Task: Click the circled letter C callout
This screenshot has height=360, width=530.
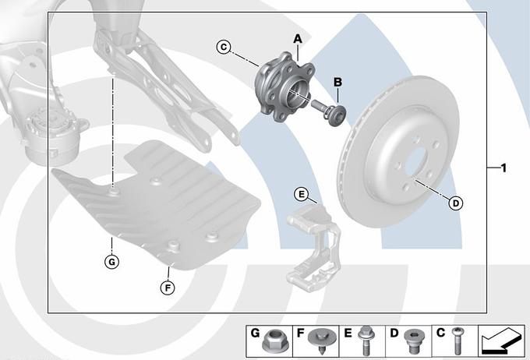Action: point(224,47)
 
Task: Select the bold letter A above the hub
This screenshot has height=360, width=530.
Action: point(298,39)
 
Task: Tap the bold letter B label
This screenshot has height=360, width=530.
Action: point(337,82)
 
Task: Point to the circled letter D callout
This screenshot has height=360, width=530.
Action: point(456,203)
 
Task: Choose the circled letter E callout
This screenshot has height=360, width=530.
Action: point(301,194)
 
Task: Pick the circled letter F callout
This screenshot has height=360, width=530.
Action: point(168,288)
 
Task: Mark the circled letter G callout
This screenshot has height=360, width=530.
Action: point(111,262)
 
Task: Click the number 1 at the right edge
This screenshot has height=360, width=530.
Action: point(503,168)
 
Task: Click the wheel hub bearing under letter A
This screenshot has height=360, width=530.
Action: point(284,86)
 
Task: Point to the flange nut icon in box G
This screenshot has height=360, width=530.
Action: point(270,341)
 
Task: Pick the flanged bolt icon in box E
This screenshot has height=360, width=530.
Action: point(365,341)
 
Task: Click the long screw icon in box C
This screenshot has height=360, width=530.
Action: point(458,341)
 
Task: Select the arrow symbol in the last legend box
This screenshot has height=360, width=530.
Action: point(502,341)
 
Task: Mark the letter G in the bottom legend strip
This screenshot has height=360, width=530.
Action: point(255,334)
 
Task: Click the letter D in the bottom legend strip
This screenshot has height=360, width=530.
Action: point(394,334)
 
